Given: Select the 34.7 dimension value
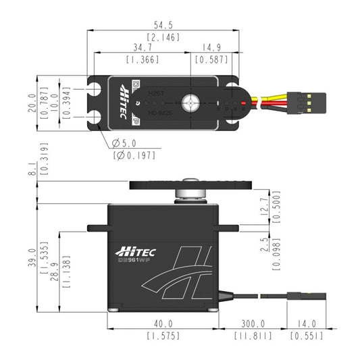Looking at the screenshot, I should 142,49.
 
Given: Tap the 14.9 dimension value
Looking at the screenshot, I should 212,49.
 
